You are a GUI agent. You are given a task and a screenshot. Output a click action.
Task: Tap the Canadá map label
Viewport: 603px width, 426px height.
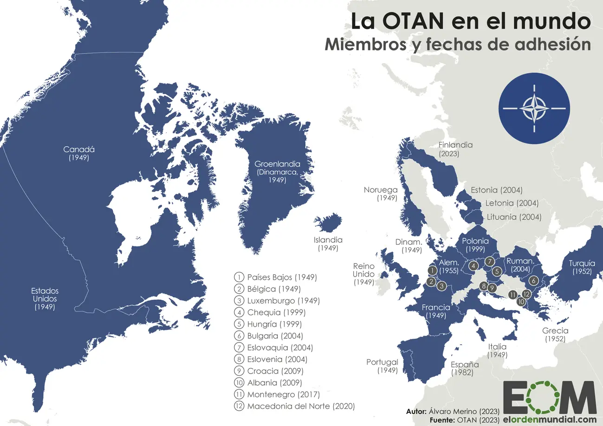pyautogui.click(x=79, y=153)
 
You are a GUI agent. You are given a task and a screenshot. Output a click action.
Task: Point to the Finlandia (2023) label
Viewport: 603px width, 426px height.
pyautogui.click(x=455, y=148)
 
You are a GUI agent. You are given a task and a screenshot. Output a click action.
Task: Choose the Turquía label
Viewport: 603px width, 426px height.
pyautogui.click(x=582, y=267)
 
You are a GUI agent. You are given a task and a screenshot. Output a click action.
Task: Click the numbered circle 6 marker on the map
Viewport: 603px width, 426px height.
pyautogui.click(x=533, y=280)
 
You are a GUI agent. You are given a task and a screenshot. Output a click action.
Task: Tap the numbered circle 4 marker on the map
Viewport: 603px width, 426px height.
pyautogui.click(x=473, y=266)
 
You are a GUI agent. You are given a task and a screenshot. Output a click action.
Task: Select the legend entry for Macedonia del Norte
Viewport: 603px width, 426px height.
pyautogui.click(x=300, y=406)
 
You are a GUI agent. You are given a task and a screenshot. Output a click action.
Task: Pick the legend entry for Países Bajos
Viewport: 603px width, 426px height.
pyautogui.click(x=281, y=277)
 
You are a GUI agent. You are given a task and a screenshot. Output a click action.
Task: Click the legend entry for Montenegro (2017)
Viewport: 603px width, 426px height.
pyautogui.click(x=283, y=394)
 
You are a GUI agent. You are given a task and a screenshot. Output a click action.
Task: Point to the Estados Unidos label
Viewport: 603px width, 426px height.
pyautogui.click(x=45, y=298)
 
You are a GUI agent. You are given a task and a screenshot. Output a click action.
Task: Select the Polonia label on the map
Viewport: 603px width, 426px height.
pyautogui.click(x=475, y=245)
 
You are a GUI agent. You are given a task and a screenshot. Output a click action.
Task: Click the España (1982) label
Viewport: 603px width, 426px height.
pyautogui.click(x=465, y=368)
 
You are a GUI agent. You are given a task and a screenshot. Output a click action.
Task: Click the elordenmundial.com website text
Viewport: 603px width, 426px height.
pyautogui.click(x=549, y=420)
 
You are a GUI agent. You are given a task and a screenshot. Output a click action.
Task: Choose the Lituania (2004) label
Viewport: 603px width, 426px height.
pyautogui.click(x=513, y=217)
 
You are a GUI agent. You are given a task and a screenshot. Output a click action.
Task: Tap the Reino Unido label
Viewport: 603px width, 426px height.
pyautogui.click(x=363, y=273)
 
